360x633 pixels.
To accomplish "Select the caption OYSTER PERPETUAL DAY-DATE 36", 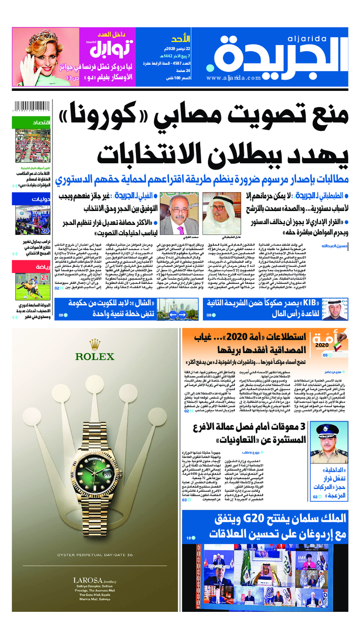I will (94, 555).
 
